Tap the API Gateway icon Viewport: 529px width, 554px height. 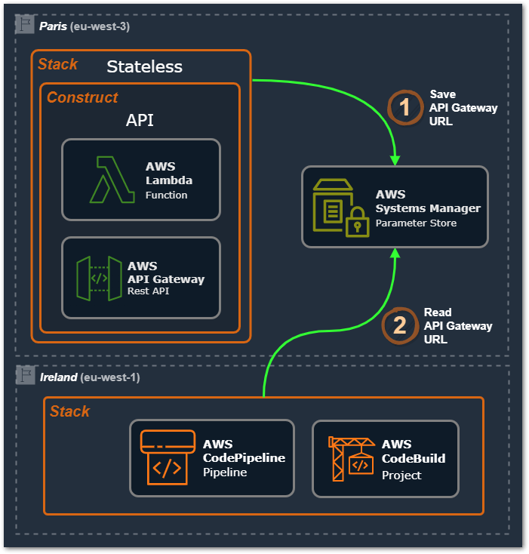tap(99, 278)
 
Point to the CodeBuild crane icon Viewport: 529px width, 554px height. tap(351, 457)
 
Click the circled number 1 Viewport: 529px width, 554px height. tap(405, 107)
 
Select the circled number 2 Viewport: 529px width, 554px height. tap(400, 325)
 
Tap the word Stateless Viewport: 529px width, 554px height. tap(144, 66)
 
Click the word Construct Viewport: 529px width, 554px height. tap(82, 97)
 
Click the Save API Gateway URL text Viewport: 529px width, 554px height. tap(463, 107)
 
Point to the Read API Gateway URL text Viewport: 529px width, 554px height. tap(457, 325)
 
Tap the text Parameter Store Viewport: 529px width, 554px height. tap(416, 223)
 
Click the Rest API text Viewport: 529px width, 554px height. tap(149, 291)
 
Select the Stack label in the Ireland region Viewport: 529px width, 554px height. tap(69, 411)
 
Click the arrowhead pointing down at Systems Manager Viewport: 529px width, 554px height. tap(394, 159)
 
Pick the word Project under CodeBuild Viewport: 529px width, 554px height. tap(401, 475)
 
